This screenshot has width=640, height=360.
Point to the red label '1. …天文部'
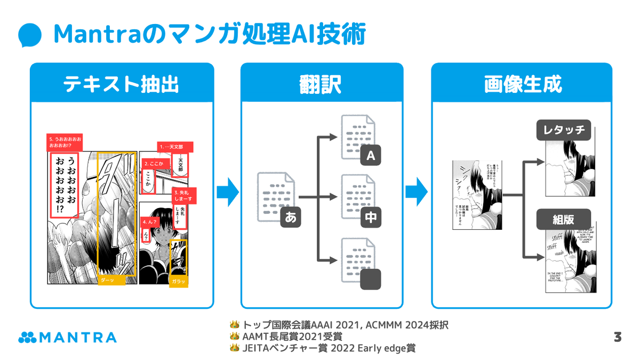(x=175, y=147)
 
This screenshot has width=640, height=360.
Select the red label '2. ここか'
(x=155, y=163)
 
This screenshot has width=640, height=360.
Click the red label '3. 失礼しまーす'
(x=184, y=195)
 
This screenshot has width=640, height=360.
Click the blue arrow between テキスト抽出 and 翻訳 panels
(x=228, y=192)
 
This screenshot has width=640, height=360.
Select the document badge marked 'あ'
(x=291, y=217)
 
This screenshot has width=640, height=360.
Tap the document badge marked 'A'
(x=371, y=156)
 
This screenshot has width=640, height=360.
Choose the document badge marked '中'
(x=371, y=217)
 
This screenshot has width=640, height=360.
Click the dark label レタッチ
(x=564, y=130)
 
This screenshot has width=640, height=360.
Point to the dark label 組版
(x=564, y=219)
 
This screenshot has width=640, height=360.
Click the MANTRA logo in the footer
(x=67, y=337)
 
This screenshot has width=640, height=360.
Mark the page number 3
(x=618, y=337)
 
